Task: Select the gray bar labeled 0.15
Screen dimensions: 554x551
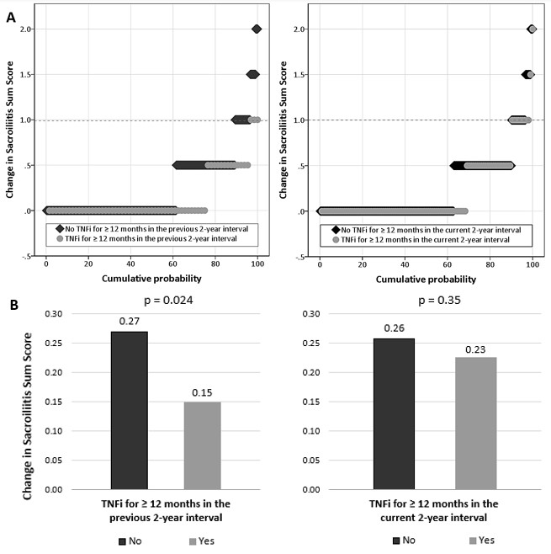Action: click(202, 445)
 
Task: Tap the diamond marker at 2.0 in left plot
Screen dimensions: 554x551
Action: click(257, 29)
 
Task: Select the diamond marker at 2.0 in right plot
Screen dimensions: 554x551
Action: click(532, 29)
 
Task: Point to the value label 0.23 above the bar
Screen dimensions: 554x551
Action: click(475, 349)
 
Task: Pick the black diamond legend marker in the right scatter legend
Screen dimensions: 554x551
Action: click(334, 229)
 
